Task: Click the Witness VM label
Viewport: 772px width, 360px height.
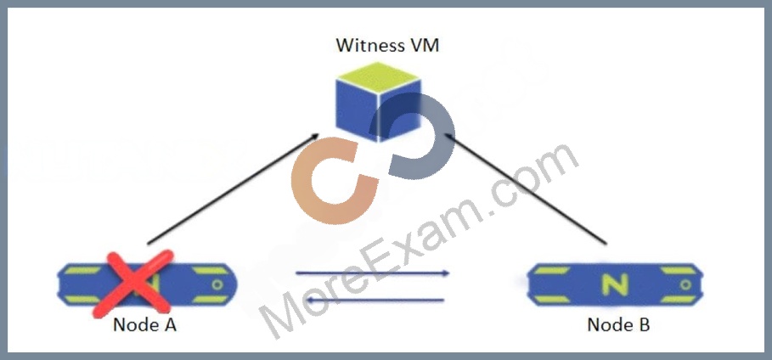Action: coord(387,46)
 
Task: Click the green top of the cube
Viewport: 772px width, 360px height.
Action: coord(378,76)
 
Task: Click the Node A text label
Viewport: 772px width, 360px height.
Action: coord(144,325)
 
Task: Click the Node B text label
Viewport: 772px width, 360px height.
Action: coord(618,325)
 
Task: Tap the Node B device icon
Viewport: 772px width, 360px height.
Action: coord(616,284)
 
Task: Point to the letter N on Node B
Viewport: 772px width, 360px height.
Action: coord(615,284)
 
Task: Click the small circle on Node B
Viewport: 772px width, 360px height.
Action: coord(685,284)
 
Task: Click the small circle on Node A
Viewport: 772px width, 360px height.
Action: coord(217,284)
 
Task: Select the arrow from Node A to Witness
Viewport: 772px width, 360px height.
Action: coord(234,188)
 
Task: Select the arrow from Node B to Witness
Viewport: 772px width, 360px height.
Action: coord(524,188)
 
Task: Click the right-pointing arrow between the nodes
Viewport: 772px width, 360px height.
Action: coord(373,273)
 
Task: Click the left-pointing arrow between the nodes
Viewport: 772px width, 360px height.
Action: coord(369,300)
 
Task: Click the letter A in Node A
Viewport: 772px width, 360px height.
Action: coord(169,325)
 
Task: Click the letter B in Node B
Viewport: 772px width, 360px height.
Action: coord(644,325)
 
